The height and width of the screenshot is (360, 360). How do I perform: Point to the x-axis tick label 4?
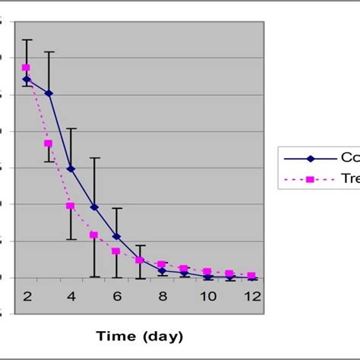tap(71, 297)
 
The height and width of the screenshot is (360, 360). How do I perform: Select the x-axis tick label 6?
tap(116, 297)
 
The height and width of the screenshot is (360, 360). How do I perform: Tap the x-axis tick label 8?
tap(162, 297)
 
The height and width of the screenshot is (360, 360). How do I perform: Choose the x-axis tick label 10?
tap(207, 297)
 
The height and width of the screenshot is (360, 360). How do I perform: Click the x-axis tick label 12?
tap(252, 297)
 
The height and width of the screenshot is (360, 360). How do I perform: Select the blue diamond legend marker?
tap(310, 159)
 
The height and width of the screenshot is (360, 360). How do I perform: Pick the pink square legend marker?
tap(310, 180)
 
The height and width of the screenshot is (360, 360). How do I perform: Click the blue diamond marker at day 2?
tap(26, 79)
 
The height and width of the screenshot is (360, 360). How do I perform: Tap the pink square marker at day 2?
tap(26, 68)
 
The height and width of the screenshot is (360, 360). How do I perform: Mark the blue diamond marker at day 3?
tap(49, 93)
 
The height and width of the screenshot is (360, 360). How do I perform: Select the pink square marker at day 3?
tap(49, 143)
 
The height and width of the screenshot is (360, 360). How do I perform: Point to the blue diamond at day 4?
tap(71, 169)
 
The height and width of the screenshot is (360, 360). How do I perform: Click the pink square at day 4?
tap(71, 206)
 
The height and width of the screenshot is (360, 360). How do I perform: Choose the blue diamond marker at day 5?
tap(94, 207)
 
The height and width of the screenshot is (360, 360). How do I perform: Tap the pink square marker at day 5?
tap(94, 235)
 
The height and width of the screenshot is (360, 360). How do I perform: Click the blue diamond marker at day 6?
tap(116, 236)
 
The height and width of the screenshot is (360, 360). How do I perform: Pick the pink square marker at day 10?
tap(207, 272)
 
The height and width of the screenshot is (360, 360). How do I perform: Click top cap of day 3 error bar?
tap(49, 52)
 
